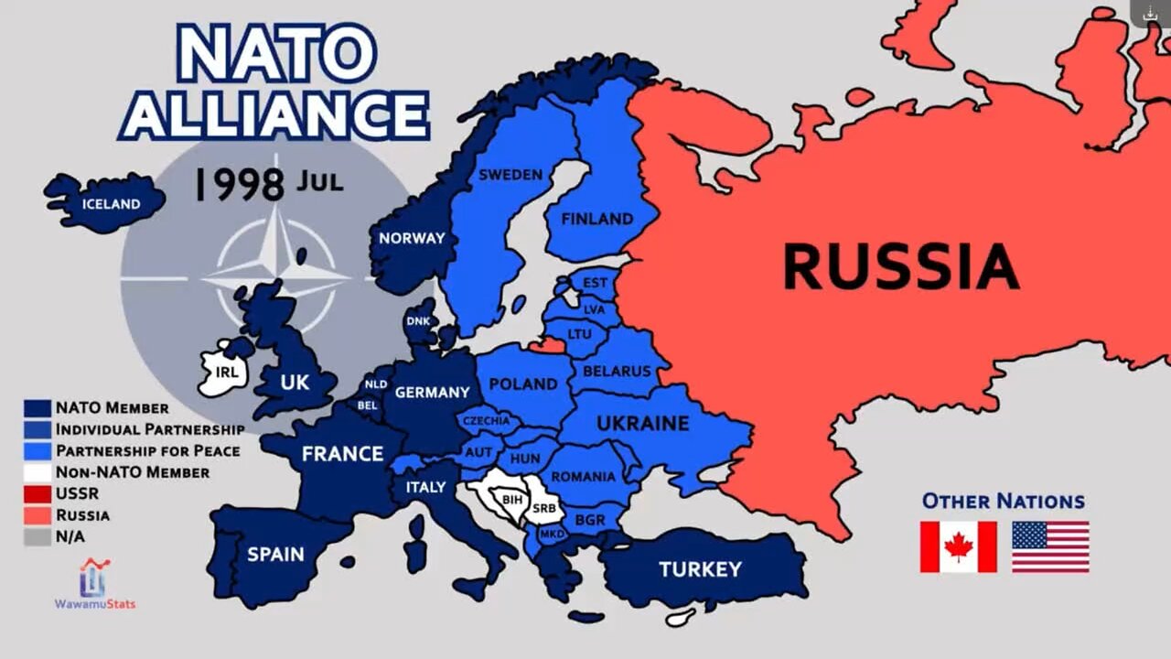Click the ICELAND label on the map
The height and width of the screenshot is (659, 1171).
pyautogui.click(x=111, y=204)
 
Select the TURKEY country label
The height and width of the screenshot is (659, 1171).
pyautogui.click(x=700, y=569)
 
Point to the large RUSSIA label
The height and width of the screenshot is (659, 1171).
pyautogui.click(x=900, y=265)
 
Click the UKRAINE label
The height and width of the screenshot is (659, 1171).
pyautogui.click(x=642, y=424)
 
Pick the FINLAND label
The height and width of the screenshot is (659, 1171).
pyautogui.click(x=596, y=219)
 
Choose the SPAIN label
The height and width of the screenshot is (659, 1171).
pyautogui.click(x=275, y=555)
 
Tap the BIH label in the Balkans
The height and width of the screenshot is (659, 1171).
pyautogui.click(x=510, y=500)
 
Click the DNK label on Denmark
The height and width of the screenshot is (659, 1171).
pyautogui.click(x=418, y=321)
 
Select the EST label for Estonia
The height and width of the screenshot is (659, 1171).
pyautogui.click(x=595, y=283)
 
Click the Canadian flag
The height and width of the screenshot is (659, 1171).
pyautogui.click(x=958, y=546)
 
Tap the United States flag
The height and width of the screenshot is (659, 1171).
pyautogui.click(x=1050, y=546)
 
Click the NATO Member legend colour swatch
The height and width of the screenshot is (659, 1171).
pyautogui.click(x=37, y=408)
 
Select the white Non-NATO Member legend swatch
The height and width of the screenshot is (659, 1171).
pyautogui.click(x=37, y=472)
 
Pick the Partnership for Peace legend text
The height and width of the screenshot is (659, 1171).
pyautogui.click(x=148, y=450)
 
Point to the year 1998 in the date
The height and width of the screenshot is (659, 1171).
pyautogui.click(x=239, y=184)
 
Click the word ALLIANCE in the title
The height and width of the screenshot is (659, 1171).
pyautogui.click(x=275, y=115)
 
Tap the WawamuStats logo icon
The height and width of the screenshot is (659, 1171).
pyautogui.click(x=93, y=578)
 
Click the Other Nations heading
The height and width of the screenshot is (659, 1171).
pyautogui.click(x=1003, y=501)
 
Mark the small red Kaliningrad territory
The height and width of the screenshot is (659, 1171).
pyautogui.click(x=548, y=345)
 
